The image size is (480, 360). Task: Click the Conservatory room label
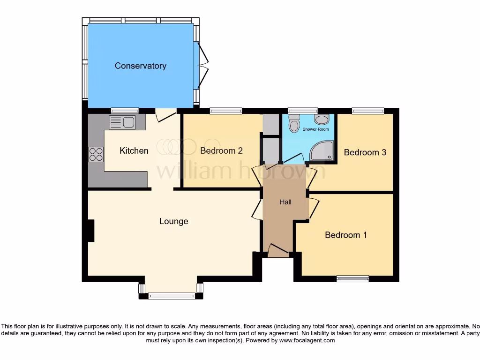[140, 66]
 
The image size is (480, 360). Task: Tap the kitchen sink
[122, 123]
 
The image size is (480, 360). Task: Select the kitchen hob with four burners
[96, 154]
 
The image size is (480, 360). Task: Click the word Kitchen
[134, 151]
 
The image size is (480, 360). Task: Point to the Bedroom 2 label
[221, 151]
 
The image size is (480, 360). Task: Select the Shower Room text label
[315, 129]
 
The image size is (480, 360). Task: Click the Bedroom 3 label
[365, 152]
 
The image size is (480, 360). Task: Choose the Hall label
[285, 202]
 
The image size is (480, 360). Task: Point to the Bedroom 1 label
[346, 235]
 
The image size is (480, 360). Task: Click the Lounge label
[173, 221]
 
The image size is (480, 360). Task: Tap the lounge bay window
[172, 295]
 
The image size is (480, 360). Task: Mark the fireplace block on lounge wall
[90, 231]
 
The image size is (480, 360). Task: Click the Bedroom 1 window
[352, 279]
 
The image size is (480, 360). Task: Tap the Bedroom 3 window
[368, 111]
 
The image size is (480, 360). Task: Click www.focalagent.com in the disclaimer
[308, 340]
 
